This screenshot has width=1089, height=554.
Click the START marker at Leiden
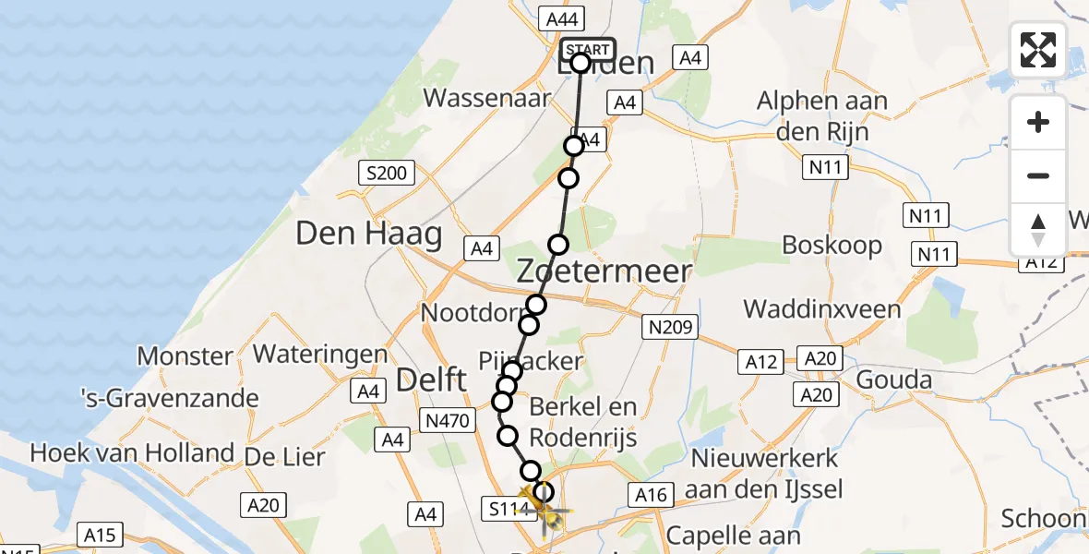[587, 50]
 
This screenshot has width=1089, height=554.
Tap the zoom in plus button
[1038, 123]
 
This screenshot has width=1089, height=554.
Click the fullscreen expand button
[1038, 50]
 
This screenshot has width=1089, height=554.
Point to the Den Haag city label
[368, 234]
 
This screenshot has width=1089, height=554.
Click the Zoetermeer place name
[604, 271]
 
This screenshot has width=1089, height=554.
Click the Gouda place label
[893, 379]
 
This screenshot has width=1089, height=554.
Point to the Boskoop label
[832, 245]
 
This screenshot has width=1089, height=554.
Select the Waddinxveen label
[822, 307]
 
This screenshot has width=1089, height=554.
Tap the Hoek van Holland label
[132, 452]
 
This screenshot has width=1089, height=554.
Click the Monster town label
[185, 355]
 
